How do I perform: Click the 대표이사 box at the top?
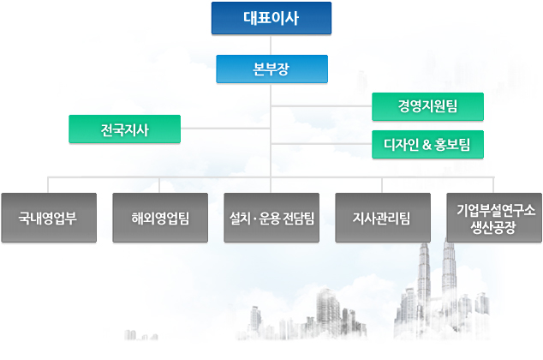pos(271,18)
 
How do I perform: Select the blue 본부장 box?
pos(271,69)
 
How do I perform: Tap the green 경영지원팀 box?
pos(427,106)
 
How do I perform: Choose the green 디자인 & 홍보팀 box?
pos(427,145)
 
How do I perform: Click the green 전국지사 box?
pos(124,129)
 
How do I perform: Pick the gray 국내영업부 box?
pos(48,217)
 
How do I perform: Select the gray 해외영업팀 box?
pos(160,217)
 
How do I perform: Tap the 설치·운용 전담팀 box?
pos(271,217)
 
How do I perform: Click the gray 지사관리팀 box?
pos(381,217)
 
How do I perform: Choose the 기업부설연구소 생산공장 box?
pos(493,217)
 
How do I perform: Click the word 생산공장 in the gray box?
pos(493,225)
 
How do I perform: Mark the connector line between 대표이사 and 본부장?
pos(271,45)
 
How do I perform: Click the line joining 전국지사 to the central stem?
pos(225,129)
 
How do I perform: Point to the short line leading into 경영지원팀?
pos(321,106)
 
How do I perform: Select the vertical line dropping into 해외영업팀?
pos(160,184)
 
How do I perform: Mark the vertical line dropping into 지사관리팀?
pos(381,184)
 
